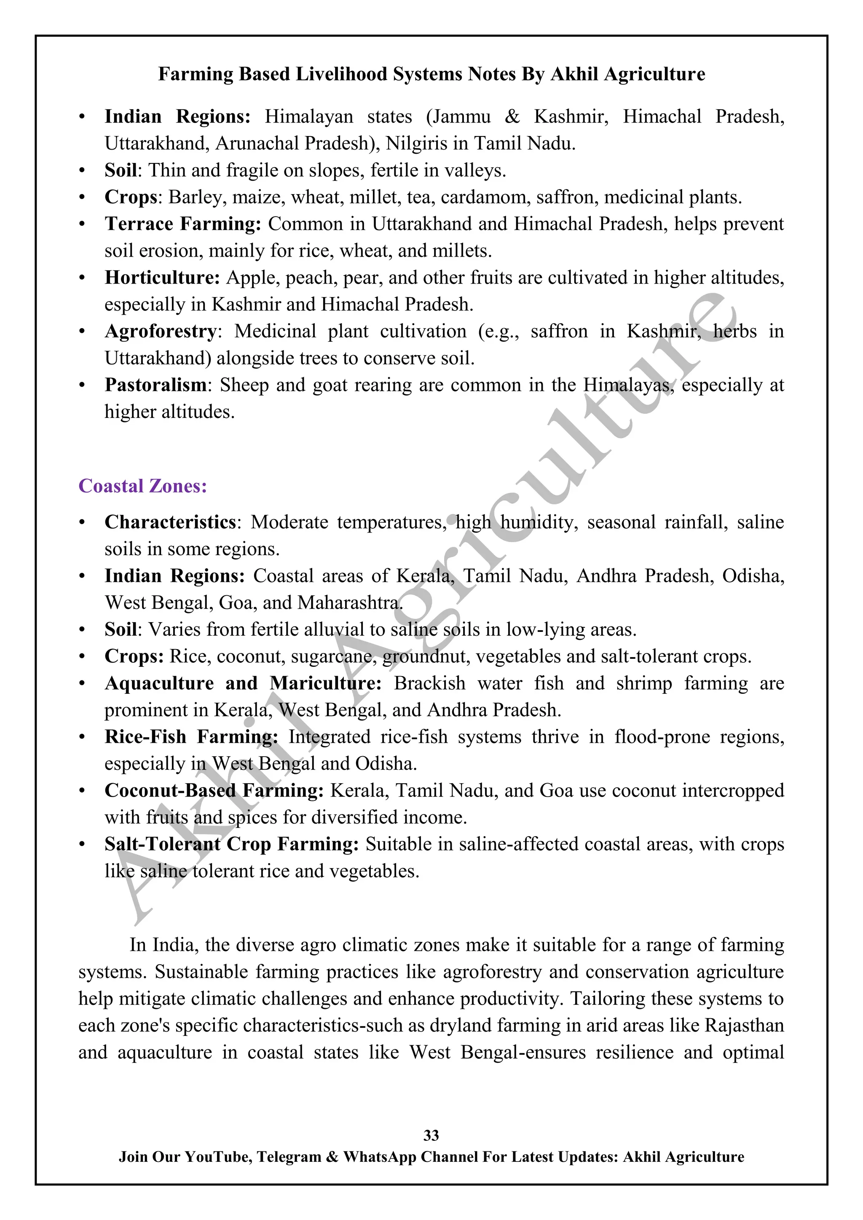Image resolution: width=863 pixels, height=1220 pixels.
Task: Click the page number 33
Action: (x=431, y=1135)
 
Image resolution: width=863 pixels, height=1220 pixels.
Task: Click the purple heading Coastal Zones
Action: (x=142, y=486)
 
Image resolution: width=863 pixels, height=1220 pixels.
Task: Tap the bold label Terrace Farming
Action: (x=182, y=224)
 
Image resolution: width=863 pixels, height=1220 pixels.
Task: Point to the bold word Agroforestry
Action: (x=161, y=331)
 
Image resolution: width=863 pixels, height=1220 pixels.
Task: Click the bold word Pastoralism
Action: (x=155, y=385)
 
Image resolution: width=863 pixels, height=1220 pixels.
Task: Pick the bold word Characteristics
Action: (x=170, y=522)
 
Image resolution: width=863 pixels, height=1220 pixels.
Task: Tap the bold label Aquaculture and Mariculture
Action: (x=243, y=683)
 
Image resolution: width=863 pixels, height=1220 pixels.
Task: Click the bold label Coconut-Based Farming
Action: (x=214, y=790)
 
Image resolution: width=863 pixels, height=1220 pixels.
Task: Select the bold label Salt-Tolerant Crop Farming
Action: (x=231, y=844)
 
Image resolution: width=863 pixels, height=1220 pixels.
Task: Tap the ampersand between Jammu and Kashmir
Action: (x=512, y=116)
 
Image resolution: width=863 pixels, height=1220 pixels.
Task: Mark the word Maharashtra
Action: (x=348, y=602)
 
